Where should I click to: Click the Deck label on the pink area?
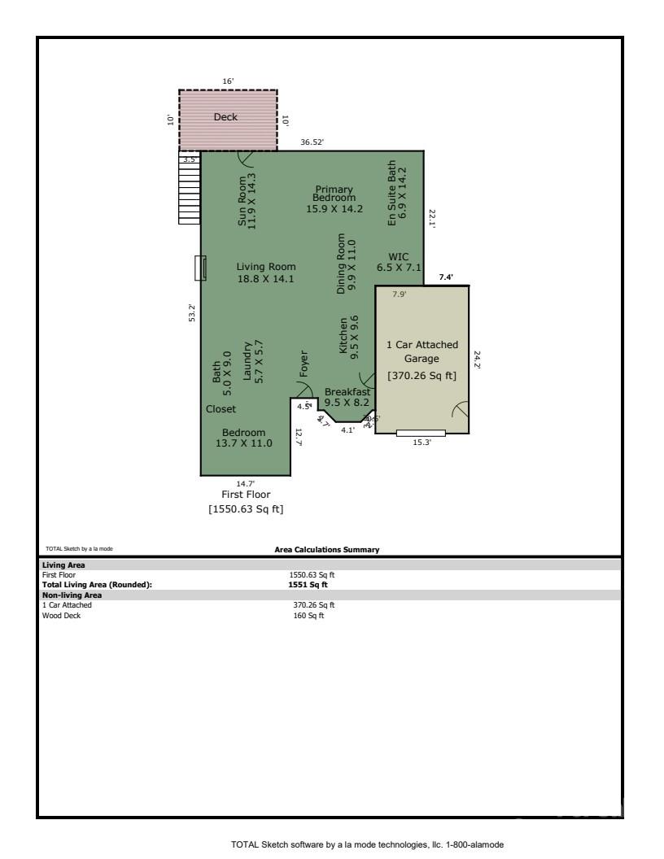click(225, 117)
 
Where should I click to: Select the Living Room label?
click(266, 273)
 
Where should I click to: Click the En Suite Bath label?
click(396, 192)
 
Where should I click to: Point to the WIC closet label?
click(399, 261)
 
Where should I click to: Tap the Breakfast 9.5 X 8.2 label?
click(347, 397)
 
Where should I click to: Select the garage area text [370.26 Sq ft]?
click(422, 376)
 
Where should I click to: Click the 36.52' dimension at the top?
click(312, 142)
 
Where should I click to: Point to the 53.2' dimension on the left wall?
click(192, 312)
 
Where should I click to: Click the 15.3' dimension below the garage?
click(421, 443)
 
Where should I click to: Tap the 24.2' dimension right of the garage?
click(478, 360)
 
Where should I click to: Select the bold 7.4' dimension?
click(446, 277)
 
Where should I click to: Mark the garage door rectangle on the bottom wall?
click(421, 433)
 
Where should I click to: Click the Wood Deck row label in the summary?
click(57, 615)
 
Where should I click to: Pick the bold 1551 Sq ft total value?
click(308, 584)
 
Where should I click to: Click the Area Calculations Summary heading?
click(327, 550)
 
